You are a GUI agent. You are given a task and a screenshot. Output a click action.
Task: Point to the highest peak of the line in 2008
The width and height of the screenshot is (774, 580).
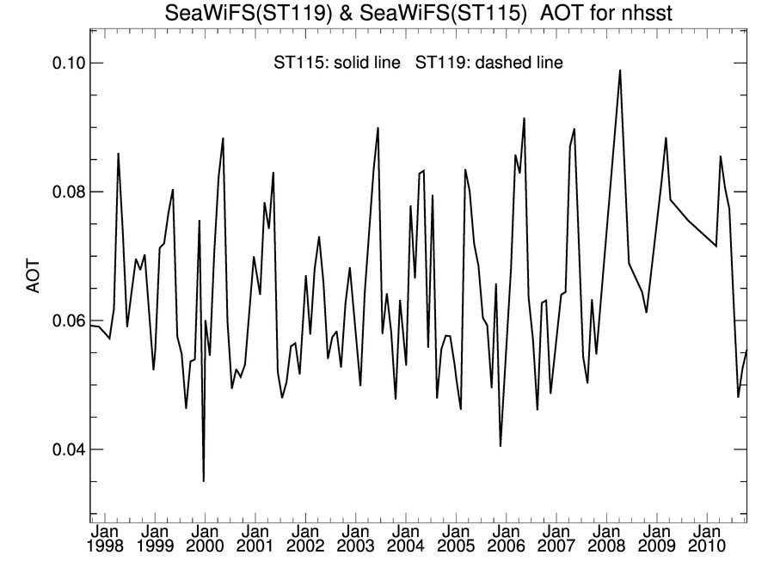[619, 70]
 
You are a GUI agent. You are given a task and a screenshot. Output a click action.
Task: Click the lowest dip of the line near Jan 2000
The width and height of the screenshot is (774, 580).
[204, 480]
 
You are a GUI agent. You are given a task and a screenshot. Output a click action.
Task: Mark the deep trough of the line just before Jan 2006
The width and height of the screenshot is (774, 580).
[501, 445]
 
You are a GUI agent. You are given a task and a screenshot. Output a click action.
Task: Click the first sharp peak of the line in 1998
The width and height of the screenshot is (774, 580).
[118, 154]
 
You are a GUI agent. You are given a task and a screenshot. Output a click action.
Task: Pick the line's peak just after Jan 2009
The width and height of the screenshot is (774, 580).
[666, 137]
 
